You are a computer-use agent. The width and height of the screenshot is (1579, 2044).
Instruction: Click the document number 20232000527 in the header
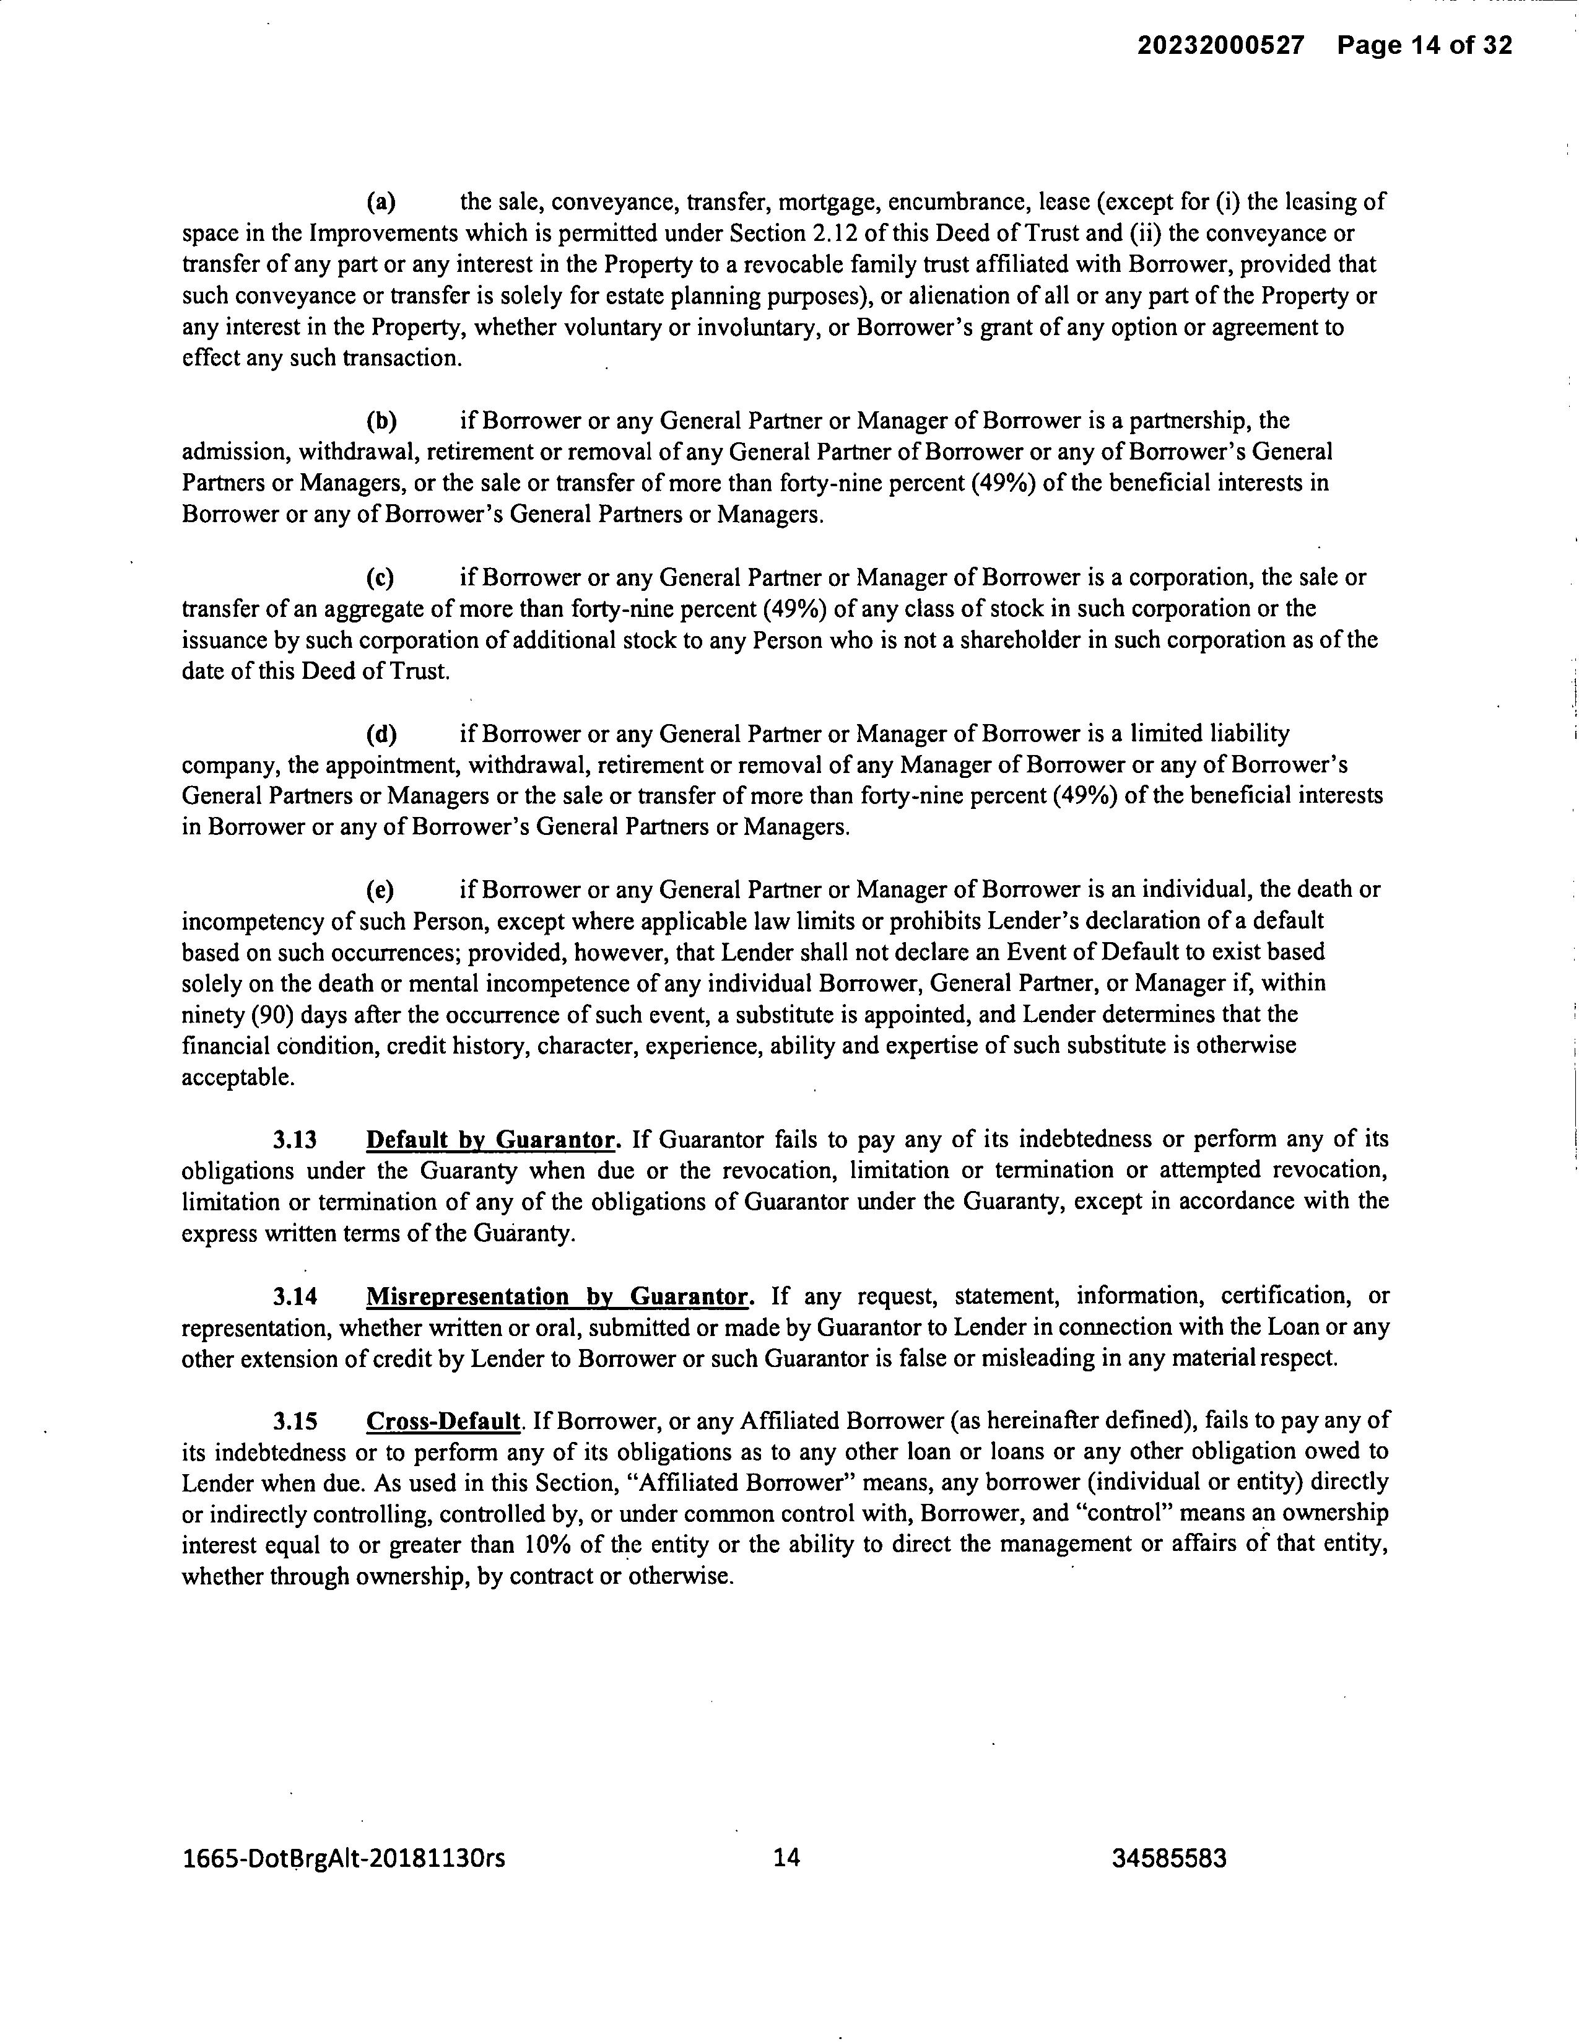click(x=1220, y=45)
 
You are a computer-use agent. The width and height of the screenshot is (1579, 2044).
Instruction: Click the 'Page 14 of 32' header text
click(x=1425, y=45)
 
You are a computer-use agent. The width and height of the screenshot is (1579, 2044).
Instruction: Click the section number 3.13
click(x=295, y=1140)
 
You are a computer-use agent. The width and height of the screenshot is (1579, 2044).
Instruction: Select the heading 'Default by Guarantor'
click(x=491, y=1140)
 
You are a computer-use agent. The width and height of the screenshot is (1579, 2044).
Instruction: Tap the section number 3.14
click(x=295, y=1296)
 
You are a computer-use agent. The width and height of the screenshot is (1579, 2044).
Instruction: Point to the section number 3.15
click(x=295, y=1422)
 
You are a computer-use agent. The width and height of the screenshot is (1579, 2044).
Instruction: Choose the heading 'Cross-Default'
click(x=443, y=1422)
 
